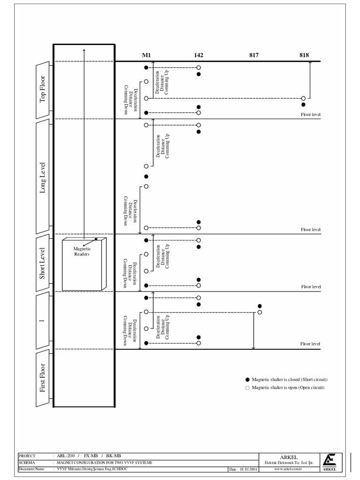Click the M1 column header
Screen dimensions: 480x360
[x=146, y=55]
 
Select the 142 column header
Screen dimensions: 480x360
[x=198, y=55]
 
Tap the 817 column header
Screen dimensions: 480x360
[x=254, y=55]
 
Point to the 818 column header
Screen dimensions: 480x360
[x=304, y=55]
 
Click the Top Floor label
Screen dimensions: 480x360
[x=43, y=90]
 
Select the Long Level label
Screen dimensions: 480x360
[x=43, y=177]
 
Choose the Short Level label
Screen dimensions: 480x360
[x=43, y=263]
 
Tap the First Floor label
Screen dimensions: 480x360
[x=43, y=378]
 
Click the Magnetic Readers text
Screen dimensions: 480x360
[x=81, y=252]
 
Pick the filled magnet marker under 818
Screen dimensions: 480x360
[x=303, y=105]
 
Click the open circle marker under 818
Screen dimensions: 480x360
[x=303, y=98]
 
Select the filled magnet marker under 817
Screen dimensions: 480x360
[x=260, y=306]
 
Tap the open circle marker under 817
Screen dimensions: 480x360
[x=260, y=312]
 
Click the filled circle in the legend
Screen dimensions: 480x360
[x=247, y=379]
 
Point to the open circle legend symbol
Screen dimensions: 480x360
[x=247, y=388]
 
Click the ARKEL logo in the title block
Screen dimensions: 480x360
[x=330, y=462]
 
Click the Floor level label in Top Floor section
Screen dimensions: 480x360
[x=310, y=114]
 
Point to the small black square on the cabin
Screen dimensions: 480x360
[x=96, y=239]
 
